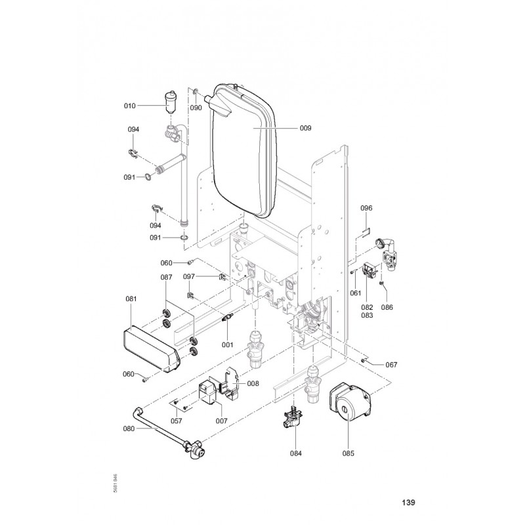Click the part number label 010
pyautogui.click(x=129, y=105)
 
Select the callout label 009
pyautogui.click(x=305, y=128)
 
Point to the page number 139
pyautogui.click(x=408, y=503)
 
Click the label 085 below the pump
pyautogui.click(x=347, y=452)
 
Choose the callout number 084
pyautogui.click(x=296, y=452)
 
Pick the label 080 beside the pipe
pyautogui.click(x=129, y=429)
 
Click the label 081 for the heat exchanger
pyautogui.click(x=131, y=299)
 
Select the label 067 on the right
pyautogui.click(x=391, y=364)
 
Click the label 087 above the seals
pyautogui.click(x=166, y=278)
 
